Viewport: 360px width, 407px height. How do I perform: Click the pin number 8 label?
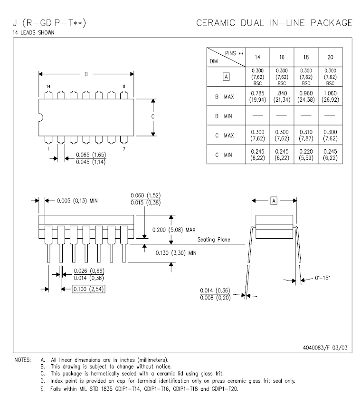pyautogui.click(x=124, y=86)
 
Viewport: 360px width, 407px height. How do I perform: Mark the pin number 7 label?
pyautogui.click(x=124, y=149)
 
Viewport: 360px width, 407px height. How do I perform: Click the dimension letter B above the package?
pyautogui.click(x=86, y=74)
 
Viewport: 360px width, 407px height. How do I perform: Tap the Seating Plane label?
pyautogui.click(x=214, y=240)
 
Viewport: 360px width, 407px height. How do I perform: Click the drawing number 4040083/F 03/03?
pyautogui.click(x=325, y=348)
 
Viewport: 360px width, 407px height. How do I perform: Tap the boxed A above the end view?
pyautogui.click(x=274, y=202)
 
